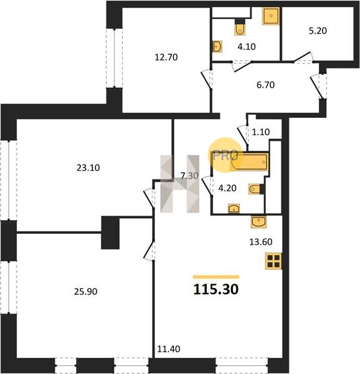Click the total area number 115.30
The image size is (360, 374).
[x=216, y=289]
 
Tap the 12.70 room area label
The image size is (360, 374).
[x=166, y=57]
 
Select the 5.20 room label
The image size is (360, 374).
[x=318, y=31]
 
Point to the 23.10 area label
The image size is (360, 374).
[x=88, y=168]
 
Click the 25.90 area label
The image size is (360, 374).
[x=85, y=292]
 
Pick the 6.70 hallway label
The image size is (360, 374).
[x=265, y=85]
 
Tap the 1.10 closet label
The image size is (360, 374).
[x=260, y=132]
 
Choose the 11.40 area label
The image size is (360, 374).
[x=168, y=349]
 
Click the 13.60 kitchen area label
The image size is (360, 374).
[x=260, y=242]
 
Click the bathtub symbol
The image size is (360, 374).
[x=250, y=162]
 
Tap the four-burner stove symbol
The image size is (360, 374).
[x=273, y=261]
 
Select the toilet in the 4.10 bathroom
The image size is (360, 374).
[x=239, y=27]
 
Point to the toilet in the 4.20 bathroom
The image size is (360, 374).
[x=256, y=189]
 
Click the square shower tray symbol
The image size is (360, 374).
[x=271, y=16]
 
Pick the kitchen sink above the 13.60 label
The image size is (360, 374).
[x=258, y=222]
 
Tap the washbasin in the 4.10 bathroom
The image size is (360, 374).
[x=217, y=47]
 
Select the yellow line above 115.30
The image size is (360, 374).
[x=216, y=277]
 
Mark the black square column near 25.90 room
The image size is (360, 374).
[x=110, y=233]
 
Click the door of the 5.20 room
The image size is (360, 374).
[x=303, y=57]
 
